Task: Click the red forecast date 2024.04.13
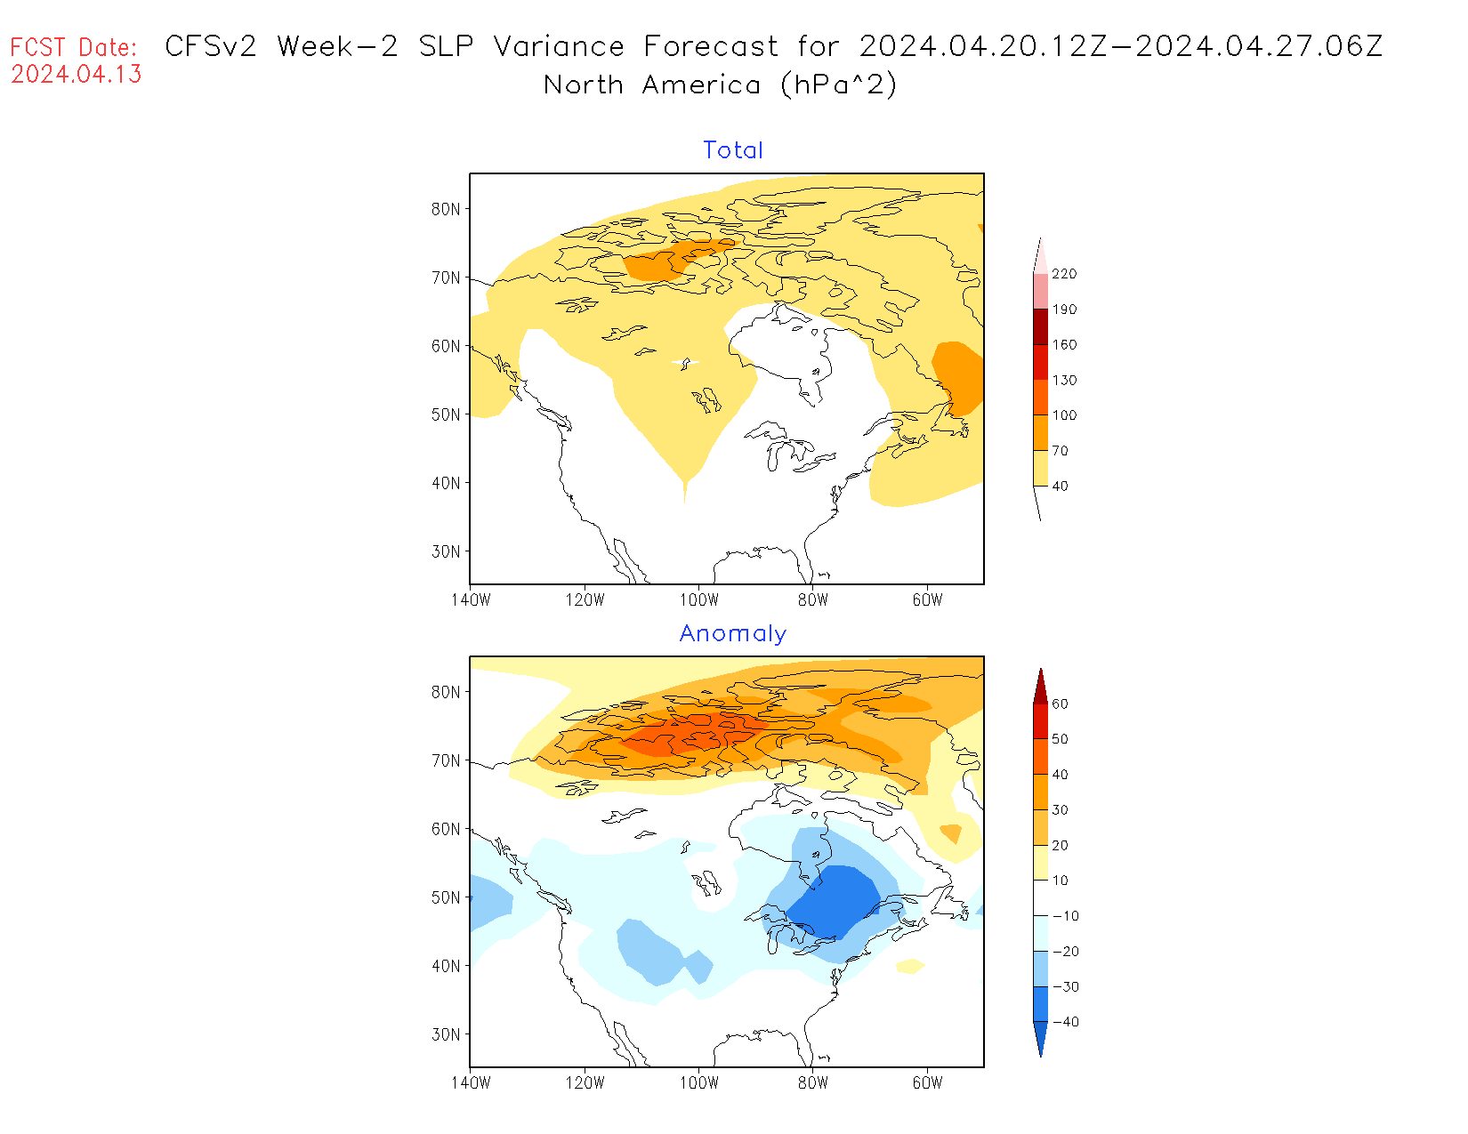77,75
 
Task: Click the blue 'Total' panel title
733,150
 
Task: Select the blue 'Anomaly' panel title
733,633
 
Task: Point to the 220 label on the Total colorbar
1064,274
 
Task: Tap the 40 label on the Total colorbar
1060,487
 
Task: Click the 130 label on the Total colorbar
1064,380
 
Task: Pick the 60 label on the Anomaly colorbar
1060,704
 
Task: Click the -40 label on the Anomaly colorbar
1065,1022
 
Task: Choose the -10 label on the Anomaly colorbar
1065,916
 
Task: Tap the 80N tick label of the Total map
446,210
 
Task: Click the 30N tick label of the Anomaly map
446,1034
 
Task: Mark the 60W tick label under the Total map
927,600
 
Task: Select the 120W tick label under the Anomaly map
585,1083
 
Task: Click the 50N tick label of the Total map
446,414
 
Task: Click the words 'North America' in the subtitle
652,85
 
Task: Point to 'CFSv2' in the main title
211,46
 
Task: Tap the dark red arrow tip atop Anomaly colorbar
1041,681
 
